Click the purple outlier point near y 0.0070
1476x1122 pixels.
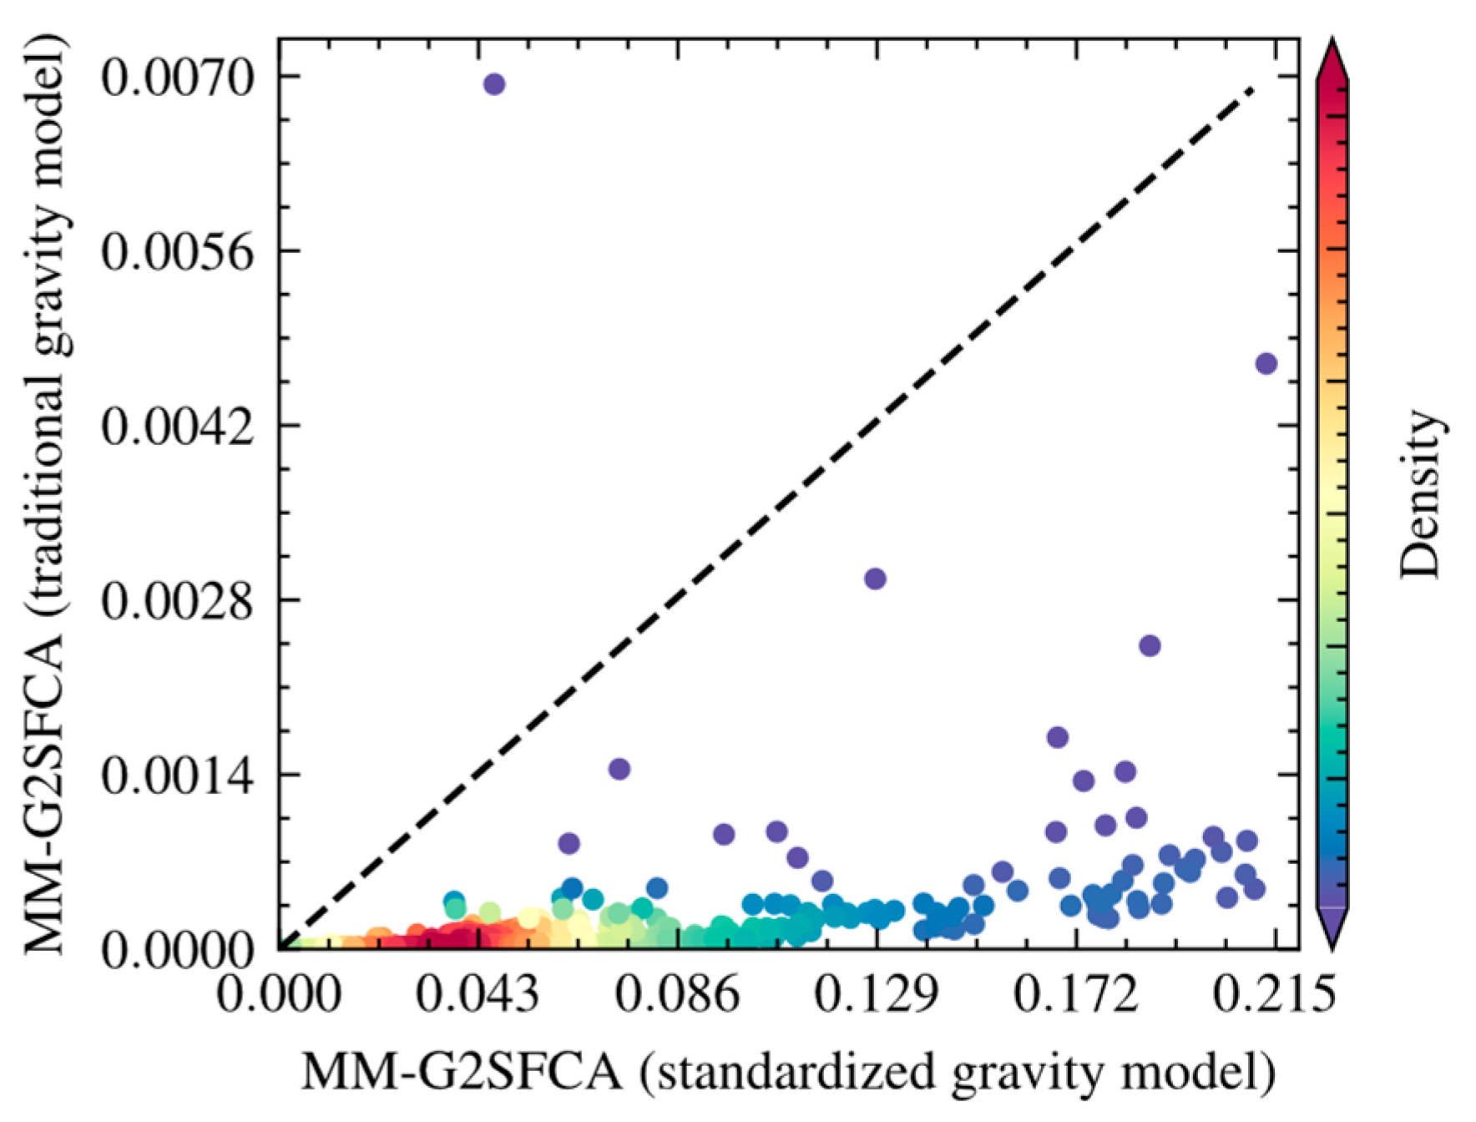(x=494, y=84)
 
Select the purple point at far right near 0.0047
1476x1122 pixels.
(x=1266, y=363)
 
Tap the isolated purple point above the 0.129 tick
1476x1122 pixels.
(x=875, y=579)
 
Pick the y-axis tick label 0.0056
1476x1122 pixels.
(x=177, y=251)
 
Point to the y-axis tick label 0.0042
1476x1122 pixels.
(x=177, y=426)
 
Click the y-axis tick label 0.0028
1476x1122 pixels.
(x=177, y=600)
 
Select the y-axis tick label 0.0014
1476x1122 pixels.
(x=177, y=776)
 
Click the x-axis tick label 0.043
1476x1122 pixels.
(x=478, y=994)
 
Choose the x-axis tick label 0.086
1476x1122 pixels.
(x=677, y=994)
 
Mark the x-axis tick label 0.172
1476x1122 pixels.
(x=1076, y=994)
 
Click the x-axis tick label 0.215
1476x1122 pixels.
(x=1275, y=994)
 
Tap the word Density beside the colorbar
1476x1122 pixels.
(x=1420, y=494)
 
